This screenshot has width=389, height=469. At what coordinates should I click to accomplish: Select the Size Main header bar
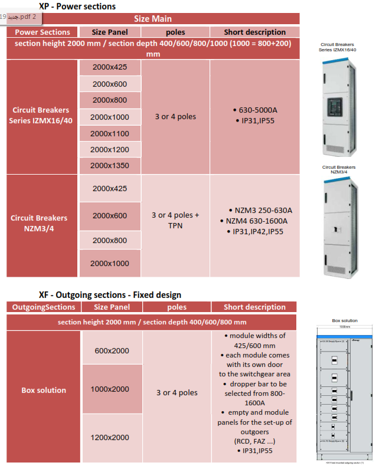[x=153, y=19]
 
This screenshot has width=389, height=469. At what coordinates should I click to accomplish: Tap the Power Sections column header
[x=43, y=32]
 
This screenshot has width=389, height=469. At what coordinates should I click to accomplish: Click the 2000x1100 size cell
[x=110, y=134]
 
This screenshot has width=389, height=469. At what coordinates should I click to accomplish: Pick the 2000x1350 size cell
[x=110, y=166]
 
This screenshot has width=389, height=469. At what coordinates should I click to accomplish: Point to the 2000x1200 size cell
[x=110, y=150]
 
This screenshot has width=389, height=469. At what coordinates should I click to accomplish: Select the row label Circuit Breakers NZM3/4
[x=39, y=222]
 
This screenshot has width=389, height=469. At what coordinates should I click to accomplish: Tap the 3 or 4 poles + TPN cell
[x=175, y=220]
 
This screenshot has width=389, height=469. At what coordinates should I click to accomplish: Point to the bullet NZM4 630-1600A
[x=257, y=221]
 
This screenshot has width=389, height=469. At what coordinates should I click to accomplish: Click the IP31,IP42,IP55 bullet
[x=258, y=232]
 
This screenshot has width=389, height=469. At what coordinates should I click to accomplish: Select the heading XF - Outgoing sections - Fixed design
[x=110, y=294]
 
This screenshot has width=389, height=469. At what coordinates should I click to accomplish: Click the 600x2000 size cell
[x=112, y=351]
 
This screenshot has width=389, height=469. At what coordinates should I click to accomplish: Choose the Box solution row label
[x=44, y=390]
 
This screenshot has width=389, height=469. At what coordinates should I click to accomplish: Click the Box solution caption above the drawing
[x=345, y=321]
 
